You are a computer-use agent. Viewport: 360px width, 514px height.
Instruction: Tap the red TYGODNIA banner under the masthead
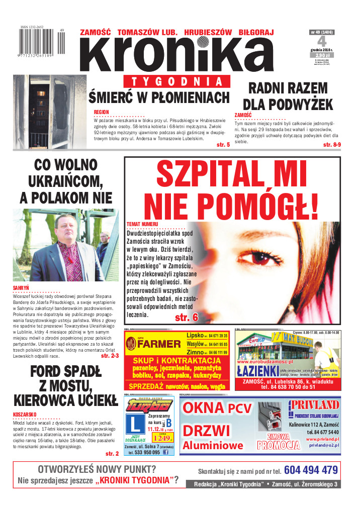tap(176, 82)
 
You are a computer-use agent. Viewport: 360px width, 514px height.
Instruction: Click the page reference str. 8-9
tap(330, 145)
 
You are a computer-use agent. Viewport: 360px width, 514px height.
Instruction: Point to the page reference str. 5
tap(223, 145)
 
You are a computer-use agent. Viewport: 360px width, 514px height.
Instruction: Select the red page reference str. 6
tap(186, 317)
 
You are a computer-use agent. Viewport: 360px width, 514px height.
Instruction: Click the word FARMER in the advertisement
tap(159, 344)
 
